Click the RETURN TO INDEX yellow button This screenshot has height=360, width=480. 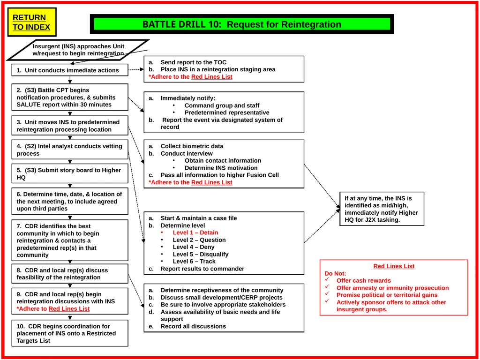[32, 22]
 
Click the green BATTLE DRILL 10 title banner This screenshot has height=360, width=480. [242, 24]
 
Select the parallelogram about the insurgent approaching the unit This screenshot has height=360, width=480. [78, 50]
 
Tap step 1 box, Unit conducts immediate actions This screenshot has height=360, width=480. [70, 70]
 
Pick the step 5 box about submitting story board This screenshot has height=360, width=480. [70, 173]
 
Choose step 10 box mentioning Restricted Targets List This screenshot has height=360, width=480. [70, 333]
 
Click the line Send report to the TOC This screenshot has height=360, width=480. [194, 62]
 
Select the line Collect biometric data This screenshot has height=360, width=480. [192, 146]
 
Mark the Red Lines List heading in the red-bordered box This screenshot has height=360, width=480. [394, 266]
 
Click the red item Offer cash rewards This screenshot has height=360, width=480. [364, 280]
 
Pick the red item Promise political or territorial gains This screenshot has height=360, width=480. [387, 295]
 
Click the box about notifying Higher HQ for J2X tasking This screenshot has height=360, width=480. [382, 209]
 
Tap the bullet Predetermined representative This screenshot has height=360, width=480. [227, 112]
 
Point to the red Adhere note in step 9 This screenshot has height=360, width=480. [53, 308]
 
